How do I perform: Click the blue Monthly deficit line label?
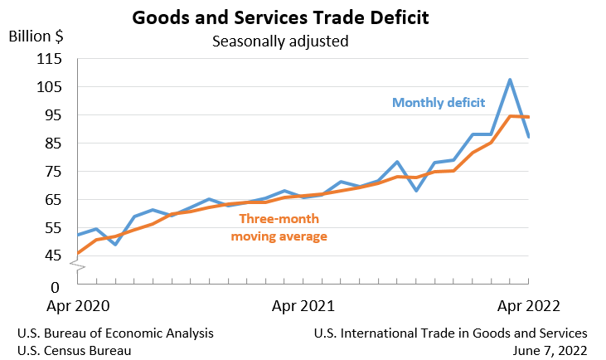[x=438, y=103]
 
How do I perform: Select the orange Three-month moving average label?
[x=279, y=228]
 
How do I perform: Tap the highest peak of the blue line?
[x=510, y=80]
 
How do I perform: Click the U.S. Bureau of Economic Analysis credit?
[x=115, y=333]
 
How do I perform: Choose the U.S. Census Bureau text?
[x=74, y=351]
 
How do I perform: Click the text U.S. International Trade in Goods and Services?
[x=451, y=333]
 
